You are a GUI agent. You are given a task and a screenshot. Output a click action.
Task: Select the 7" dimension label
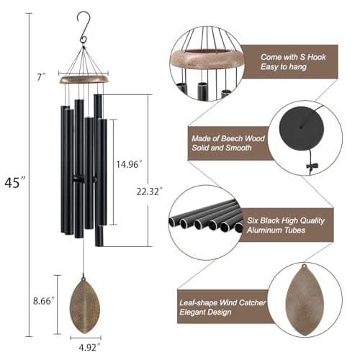44,76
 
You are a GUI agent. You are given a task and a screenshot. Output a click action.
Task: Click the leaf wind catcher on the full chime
85,306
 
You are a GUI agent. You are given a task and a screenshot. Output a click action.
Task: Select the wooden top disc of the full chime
84,78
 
